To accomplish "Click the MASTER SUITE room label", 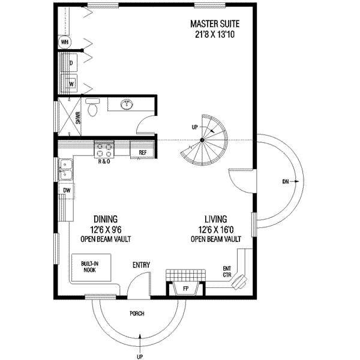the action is [215, 24].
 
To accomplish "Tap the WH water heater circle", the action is [65, 42].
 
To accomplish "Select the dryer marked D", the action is [70, 62].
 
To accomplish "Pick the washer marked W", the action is [70, 83].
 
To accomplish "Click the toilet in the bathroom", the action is [92, 107].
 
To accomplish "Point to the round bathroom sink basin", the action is [127, 104].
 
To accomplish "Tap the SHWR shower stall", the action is [70, 117].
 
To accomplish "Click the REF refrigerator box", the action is [142, 152].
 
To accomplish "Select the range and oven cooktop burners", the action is [104, 149].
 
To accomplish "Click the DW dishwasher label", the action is [67, 190].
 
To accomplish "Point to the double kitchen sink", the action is [65, 170].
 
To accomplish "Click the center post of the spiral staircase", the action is [202, 140].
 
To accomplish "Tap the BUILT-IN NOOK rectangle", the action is [91, 268].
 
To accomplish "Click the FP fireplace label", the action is [185, 289].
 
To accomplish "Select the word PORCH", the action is [137, 313].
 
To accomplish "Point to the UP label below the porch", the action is [140, 356].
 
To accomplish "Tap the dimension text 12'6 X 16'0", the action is [216, 229].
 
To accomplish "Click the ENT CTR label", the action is [227, 271].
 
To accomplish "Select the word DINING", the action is [106, 219].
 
